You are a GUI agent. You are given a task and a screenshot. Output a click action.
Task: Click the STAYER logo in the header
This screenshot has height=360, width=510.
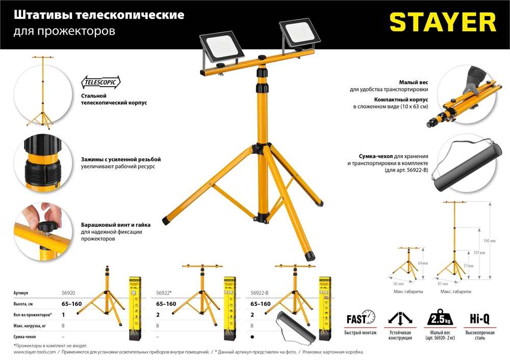click(x=443, y=23)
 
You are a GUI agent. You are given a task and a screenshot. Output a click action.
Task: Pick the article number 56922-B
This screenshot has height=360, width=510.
click(x=263, y=294)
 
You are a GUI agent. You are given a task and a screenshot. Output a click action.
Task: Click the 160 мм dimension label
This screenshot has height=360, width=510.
click(x=489, y=240)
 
